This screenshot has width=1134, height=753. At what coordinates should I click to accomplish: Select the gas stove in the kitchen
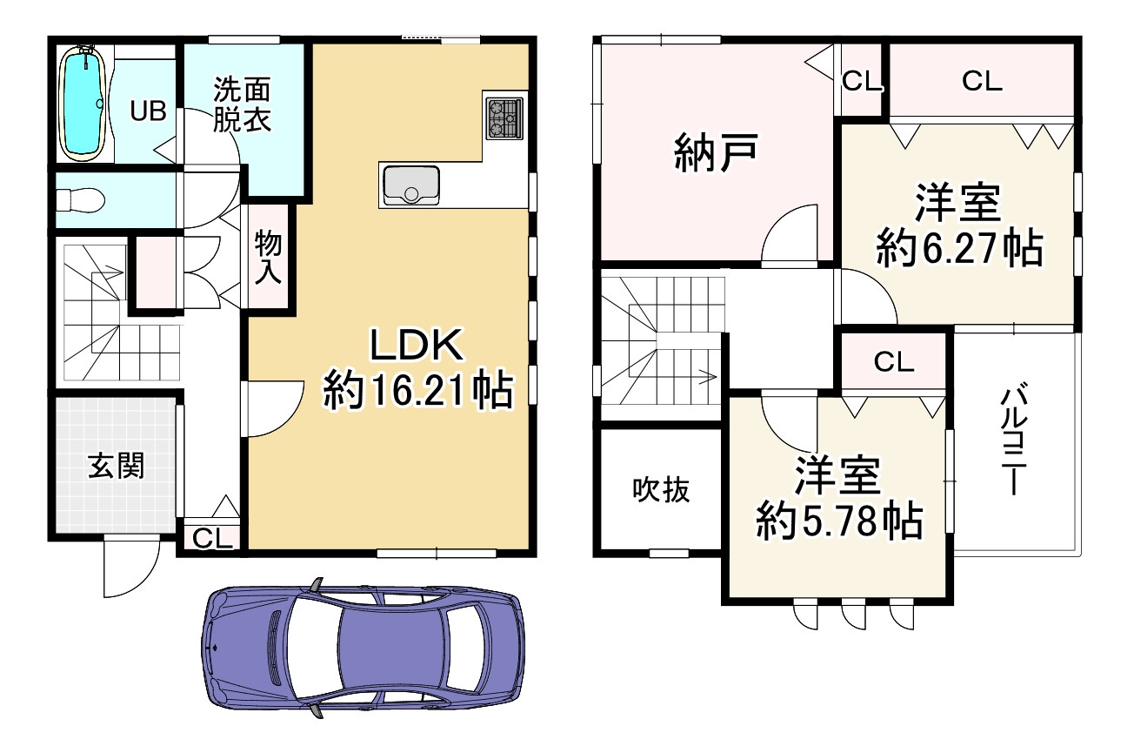pos(504,118)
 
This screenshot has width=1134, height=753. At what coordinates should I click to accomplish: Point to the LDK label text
pos(416,346)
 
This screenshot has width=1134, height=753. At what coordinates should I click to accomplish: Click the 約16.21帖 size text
pos(416,391)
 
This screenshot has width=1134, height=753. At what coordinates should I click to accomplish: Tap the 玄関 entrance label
pos(116,467)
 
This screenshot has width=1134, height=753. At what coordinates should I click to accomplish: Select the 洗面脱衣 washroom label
pos(243,104)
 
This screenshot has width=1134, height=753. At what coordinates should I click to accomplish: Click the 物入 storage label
pos(268,259)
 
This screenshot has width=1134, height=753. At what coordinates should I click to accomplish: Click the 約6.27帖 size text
pos(958,248)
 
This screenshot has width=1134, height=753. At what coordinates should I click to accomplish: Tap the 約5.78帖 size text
pos(838,521)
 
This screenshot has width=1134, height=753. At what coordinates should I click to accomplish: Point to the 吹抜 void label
pos(661,490)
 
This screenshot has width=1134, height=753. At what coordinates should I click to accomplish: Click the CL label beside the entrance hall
pos(213,539)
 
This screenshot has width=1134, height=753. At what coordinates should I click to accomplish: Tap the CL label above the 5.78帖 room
pos(894,362)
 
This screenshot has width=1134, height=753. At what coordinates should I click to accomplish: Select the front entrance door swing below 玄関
pos(130,568)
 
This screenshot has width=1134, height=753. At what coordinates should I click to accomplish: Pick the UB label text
pos(148,111)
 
